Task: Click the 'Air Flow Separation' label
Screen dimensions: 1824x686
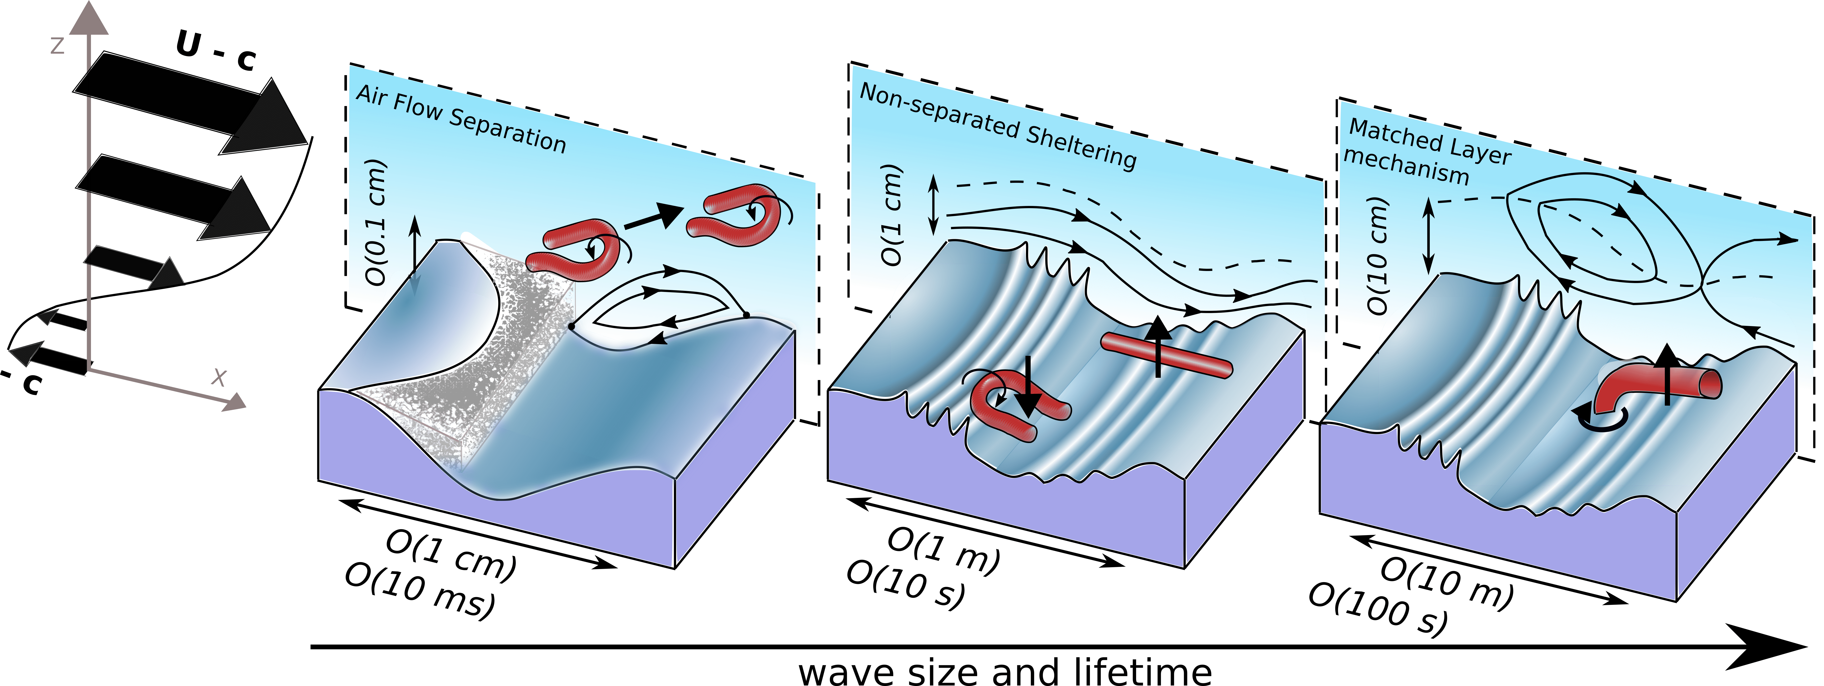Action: [461, 119]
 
